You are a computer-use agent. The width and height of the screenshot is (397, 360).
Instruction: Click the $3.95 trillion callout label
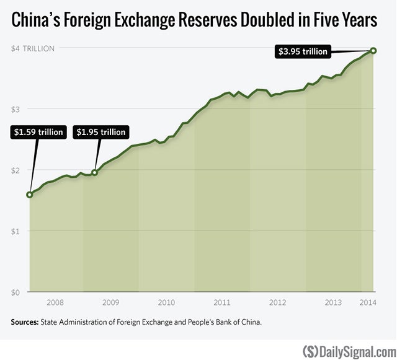pyautogui.click(x=303, y=52)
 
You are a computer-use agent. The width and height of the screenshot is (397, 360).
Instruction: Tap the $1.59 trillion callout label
pyautogui.click(x=37, y=132)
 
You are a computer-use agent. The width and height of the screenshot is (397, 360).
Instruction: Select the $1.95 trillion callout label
pyautogui.click(x=100, y=132)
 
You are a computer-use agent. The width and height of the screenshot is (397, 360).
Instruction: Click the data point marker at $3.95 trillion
pyautogui.click(x=373, y=50)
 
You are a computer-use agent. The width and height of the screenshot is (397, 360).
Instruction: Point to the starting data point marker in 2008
pyautogui.click(x=29, y=195)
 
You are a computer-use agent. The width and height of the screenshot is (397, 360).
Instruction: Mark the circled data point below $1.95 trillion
pyautogui.click(x=94, y=172)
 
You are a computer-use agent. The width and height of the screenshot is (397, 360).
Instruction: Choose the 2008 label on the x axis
pyautogui.click(x=55, y=303)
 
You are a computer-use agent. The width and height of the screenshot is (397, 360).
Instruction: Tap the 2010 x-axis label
pyautogui.click(x=166, y=303)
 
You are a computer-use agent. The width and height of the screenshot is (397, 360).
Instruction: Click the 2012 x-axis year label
pyautogui.click(x=277, y=303)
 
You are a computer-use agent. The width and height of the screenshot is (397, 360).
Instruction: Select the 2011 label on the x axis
pyautogui.click(x=222, y=303)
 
